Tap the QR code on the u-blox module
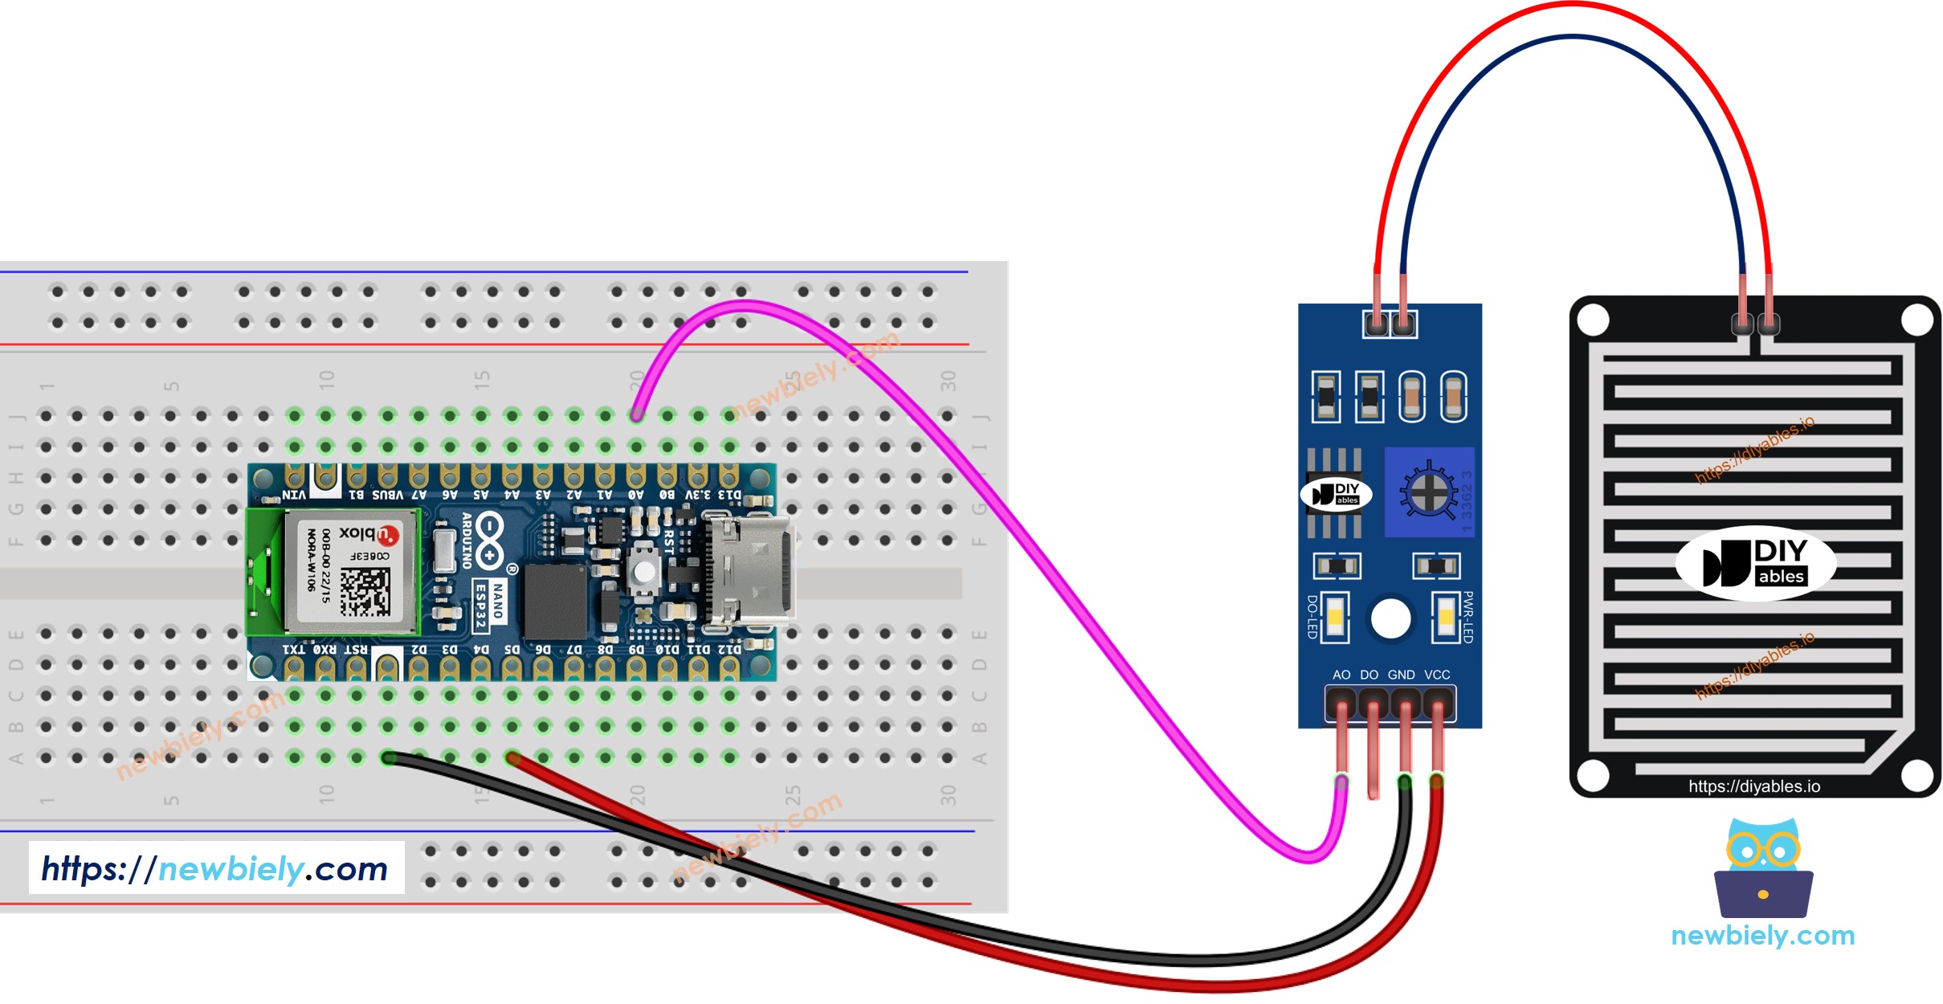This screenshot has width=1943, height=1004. click(365, 591)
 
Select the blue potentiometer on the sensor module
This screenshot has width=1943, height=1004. click(1428, 492)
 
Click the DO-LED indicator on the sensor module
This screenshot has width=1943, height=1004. click(1334, 617)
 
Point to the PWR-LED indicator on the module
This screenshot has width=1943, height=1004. click(1445, 617)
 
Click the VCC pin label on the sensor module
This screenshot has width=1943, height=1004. click(1437, 675)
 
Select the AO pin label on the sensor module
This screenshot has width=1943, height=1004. click(1341, 675)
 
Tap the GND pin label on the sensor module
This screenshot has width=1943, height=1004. click(1401, 675)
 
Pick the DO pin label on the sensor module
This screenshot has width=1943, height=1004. click(1369, 675)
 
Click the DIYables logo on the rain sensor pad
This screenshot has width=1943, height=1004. click(1755, 562)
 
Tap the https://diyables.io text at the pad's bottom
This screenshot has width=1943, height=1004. click(1754, 786)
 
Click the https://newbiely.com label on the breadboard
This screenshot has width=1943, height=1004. click(215, 868)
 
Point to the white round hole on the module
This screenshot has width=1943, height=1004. click(1390, 618)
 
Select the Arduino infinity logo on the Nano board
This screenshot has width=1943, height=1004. click(489, 541)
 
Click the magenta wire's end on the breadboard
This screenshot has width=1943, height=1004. click(636, 415)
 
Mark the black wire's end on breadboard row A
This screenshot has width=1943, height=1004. click(388, 757)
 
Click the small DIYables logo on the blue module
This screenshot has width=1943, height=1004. click(1336, 494)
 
